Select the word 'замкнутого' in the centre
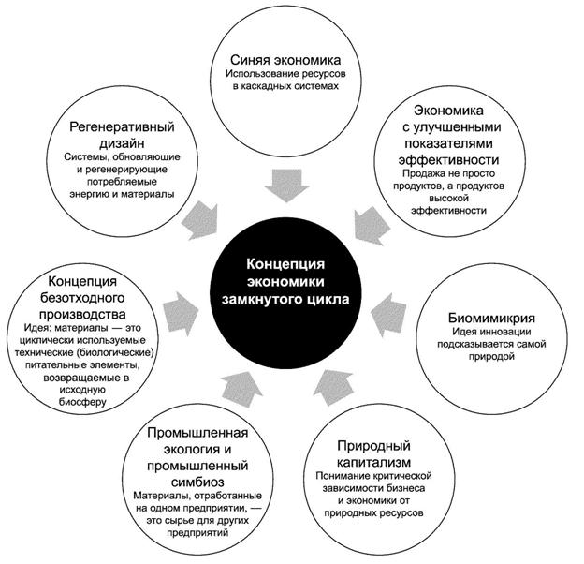click(269, 302)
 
